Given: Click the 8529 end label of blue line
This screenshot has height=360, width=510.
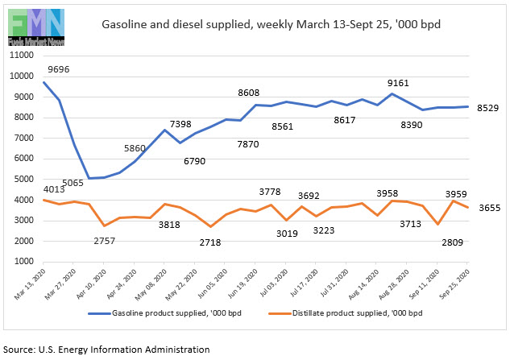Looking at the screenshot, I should pyautogui.click(x=487, y=107).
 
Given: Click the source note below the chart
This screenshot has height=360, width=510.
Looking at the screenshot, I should pyautogui.click(x=106, y=349).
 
